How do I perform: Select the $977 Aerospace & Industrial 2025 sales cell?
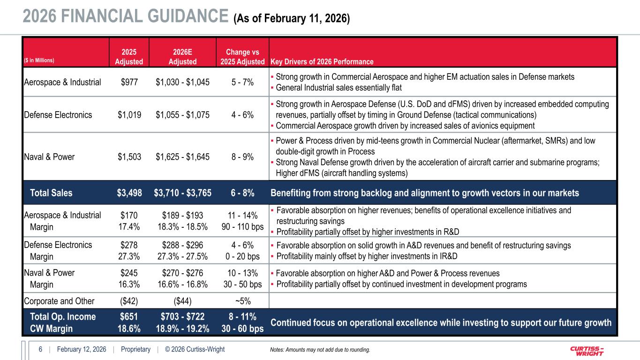click(129, 82)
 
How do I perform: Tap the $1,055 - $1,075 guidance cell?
click(183, 115)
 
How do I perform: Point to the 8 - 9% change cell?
click(242, 157)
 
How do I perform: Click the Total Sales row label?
click(51, 193)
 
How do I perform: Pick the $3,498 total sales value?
click(129, 193)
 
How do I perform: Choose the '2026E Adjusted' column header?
click(183, 57)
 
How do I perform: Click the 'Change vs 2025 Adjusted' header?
click(242, 57)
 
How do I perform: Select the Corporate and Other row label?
click(59, 301)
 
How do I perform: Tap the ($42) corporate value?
click(129, 301)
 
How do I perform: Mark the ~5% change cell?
click(242, 301)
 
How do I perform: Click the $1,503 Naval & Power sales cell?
click(129, 157)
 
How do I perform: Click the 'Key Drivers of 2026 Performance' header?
click(322, 62)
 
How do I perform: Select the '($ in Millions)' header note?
click(40, 60)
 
